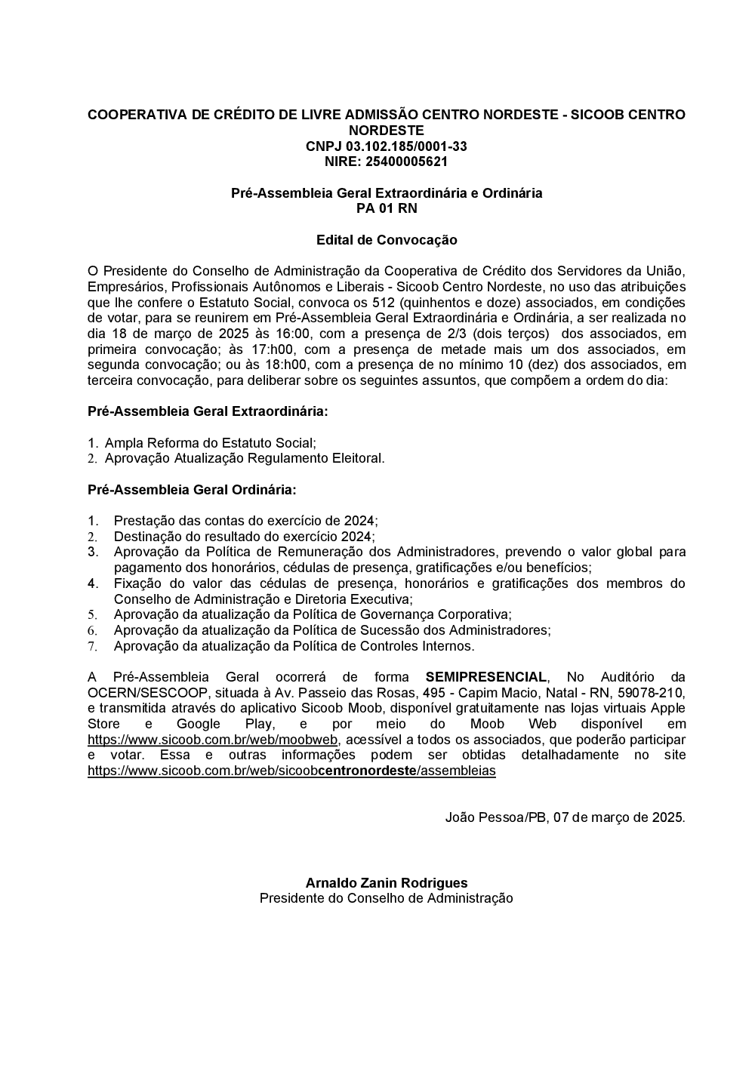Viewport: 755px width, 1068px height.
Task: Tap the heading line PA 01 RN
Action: point(386,208)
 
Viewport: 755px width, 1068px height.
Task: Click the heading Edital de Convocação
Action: point(386,240)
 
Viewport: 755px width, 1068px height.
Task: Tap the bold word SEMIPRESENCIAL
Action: point(485,677)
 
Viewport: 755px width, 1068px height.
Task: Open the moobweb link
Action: point(213,740)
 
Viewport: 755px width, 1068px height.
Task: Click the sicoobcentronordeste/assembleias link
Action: point(291,771)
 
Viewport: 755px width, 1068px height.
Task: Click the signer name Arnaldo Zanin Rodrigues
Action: point(386,883)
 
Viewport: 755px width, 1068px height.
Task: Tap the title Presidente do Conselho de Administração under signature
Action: point(386,898)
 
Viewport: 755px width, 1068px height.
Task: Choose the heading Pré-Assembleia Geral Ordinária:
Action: point(192,490)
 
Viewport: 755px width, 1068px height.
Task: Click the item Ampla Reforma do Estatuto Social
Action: point(210,443)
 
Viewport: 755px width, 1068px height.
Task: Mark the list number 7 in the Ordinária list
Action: point(92,647)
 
